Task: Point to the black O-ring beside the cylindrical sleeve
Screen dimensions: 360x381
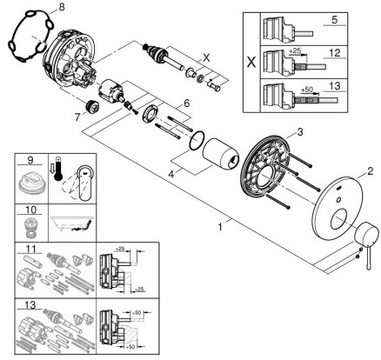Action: [198, 139]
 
